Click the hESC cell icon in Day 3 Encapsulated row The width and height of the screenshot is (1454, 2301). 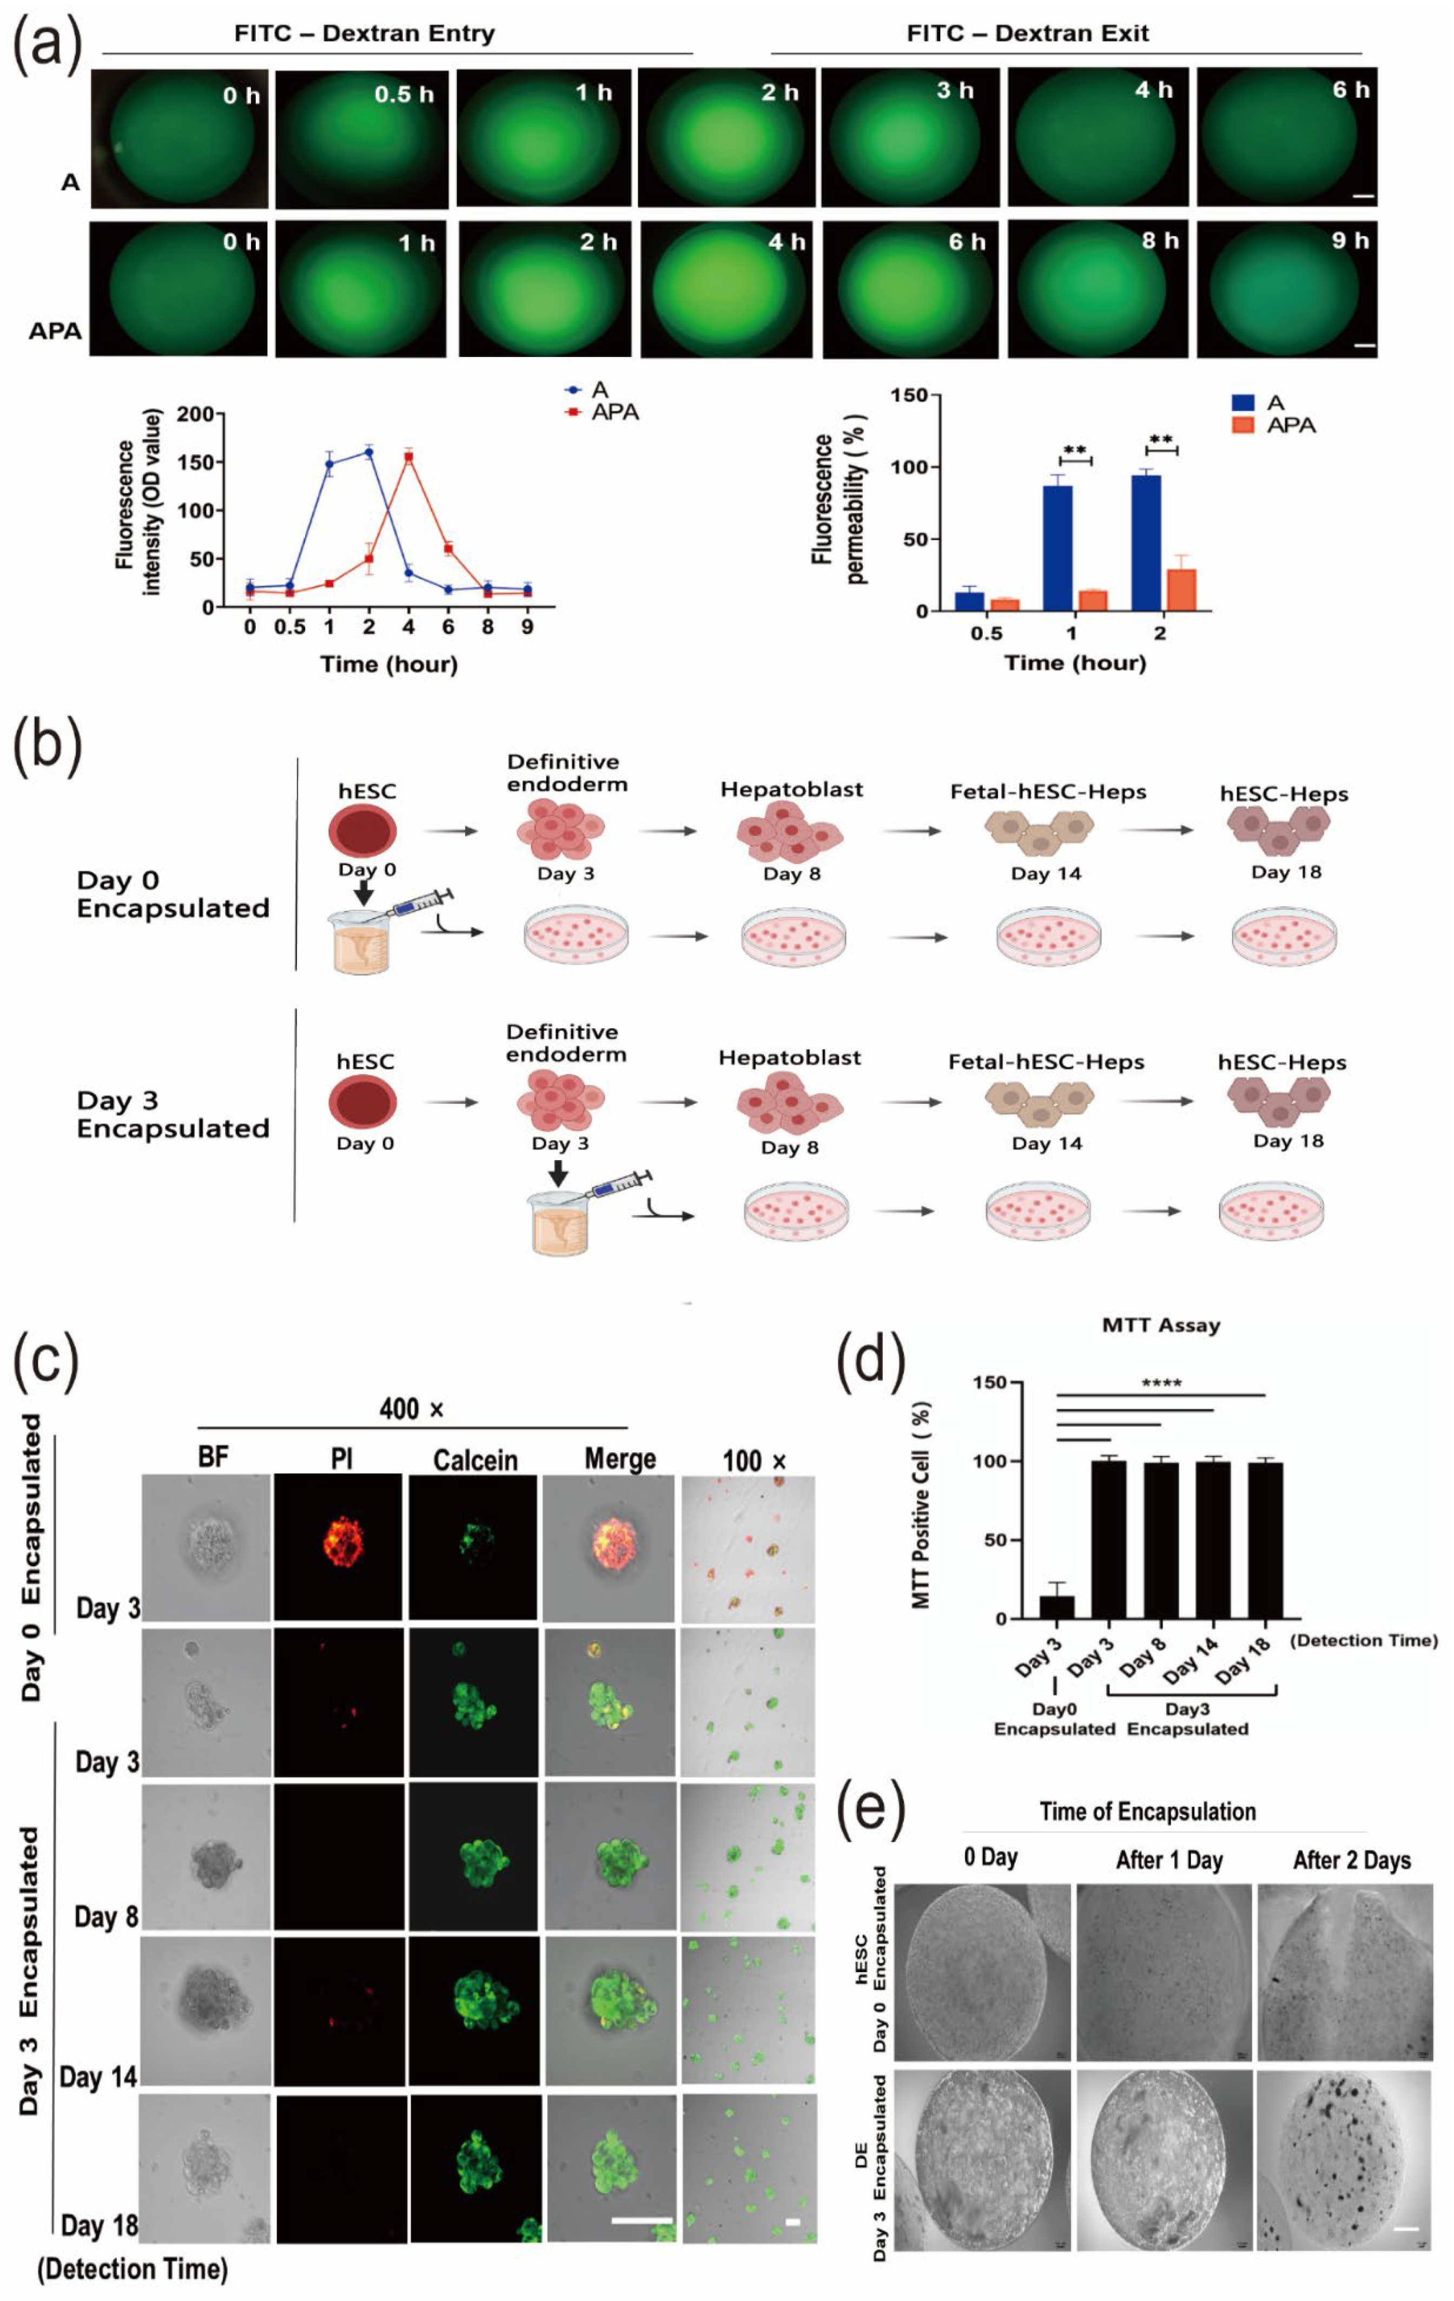(363, 1102)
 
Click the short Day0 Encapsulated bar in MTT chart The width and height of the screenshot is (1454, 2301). (1056, 1606)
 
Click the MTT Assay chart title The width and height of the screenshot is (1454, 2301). (1161, 1325)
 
